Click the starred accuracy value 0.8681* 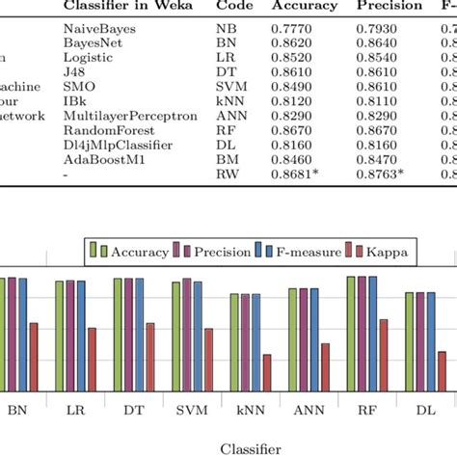308,175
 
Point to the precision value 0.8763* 393,175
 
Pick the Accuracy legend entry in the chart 133,253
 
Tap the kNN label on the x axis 250,410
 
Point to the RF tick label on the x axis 366,410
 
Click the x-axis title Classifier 251,447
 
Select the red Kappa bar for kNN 267,372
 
